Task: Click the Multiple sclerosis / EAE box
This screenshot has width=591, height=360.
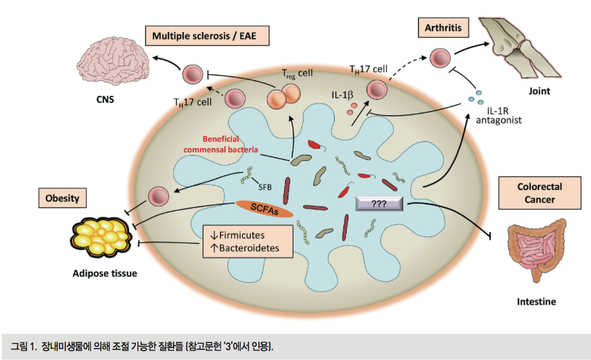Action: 207,35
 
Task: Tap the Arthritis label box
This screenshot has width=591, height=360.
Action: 439,27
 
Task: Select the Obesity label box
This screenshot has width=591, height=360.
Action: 62,199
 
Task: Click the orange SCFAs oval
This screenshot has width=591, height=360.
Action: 264,209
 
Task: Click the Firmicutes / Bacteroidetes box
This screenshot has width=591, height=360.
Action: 248,241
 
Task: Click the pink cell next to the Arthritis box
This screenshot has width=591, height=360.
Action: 439,59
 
